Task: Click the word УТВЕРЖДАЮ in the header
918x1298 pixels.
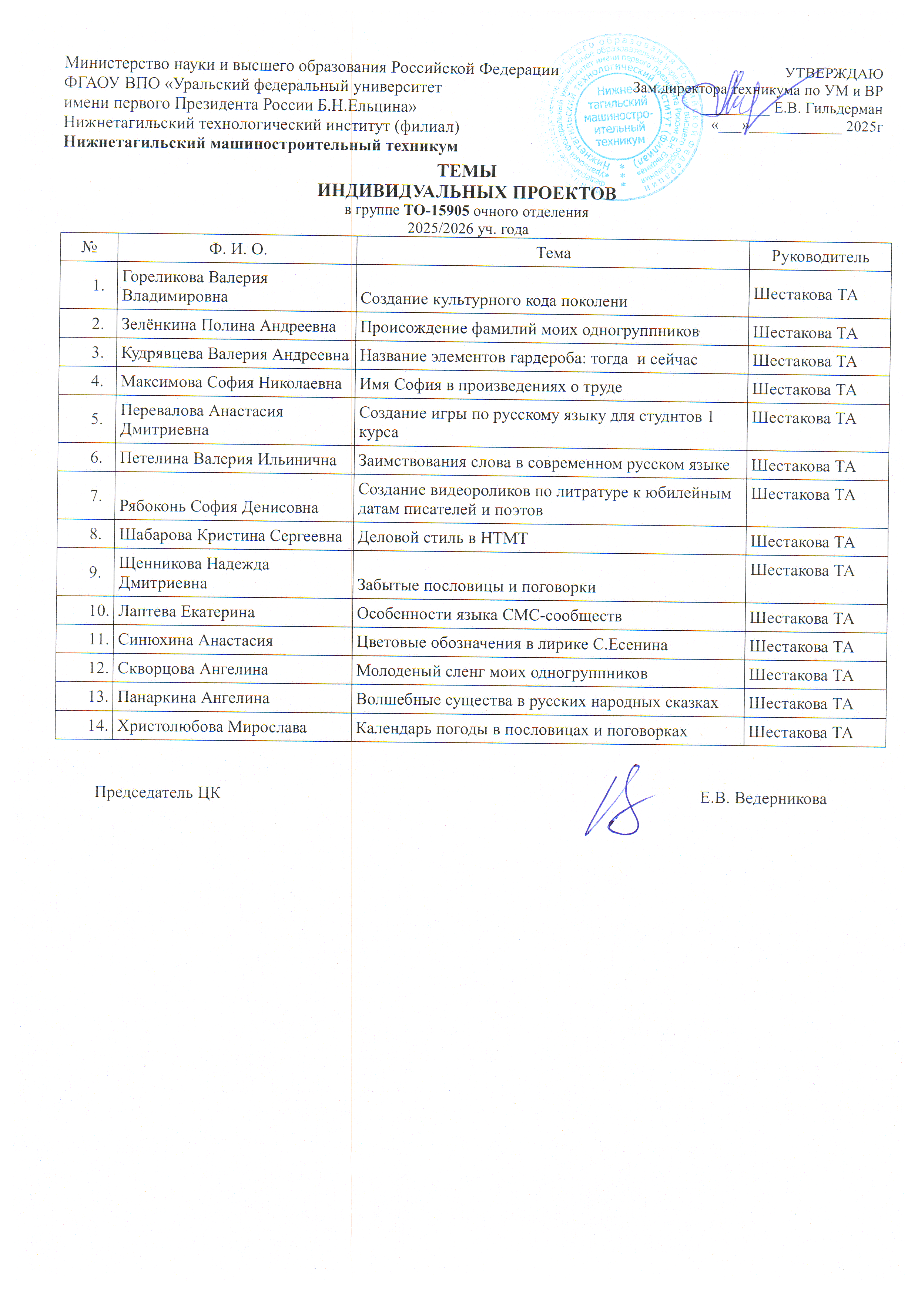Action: tap(834, 74)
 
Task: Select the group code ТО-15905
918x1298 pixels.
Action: tap(436, 211)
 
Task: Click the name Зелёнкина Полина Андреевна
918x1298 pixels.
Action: tap(228, 326)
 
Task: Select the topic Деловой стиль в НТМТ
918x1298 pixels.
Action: tap(442, 538)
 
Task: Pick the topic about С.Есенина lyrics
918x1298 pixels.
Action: tap(512, 644)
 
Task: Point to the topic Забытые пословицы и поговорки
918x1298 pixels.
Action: tap(476, 587)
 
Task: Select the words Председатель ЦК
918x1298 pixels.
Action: tap(157, 792)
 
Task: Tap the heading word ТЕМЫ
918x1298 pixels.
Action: tap(467, 171)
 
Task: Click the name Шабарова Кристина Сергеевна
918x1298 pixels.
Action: tap(230, 536)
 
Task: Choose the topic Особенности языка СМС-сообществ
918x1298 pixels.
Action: tap(489, 615)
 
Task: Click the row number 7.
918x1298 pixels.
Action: tap(96, 495)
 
